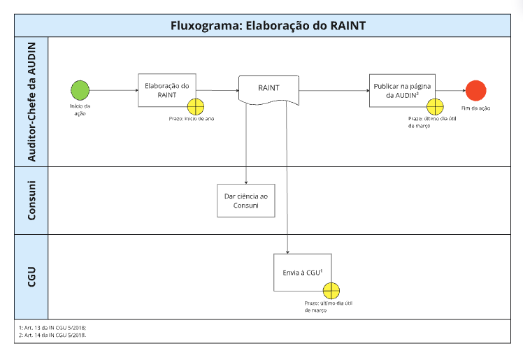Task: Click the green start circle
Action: pyautogui.click(x=80, y=90)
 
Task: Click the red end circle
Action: pyautogui.click(x=476, y=91)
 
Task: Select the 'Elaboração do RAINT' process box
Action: pyautogui.click(x=166, y=89)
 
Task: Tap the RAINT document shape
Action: pyautogui.click(x=269, y=89)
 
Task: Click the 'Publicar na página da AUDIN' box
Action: pyautogui.click(x=402, y=89)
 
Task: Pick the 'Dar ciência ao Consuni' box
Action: pyautogui.click(x=245, y=201)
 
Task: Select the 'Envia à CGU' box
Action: pyautogui.click(x=301, y=272)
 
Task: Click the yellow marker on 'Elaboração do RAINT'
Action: pyautogui.click(x=195, y=106)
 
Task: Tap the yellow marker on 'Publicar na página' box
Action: pyautogui.click(x=435, y=106)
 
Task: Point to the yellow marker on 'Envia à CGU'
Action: pyautogui.click(x=331, y=289)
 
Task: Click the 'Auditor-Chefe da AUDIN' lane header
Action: pyautogui.click(x=31, y=101)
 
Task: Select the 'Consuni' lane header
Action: pyautogui.click(x=31, y=200)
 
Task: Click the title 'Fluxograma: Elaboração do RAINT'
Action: pyautogui.click(x=268, y=27)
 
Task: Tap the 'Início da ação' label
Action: pyautogui.click(x=80, y=110)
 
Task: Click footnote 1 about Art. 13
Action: pyautogui.click(x=52, y=327)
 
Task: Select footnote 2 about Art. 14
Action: pyautogui.click(x=52, y=335)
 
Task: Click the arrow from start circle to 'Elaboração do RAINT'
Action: pyautogui.click(x=113, y=90)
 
